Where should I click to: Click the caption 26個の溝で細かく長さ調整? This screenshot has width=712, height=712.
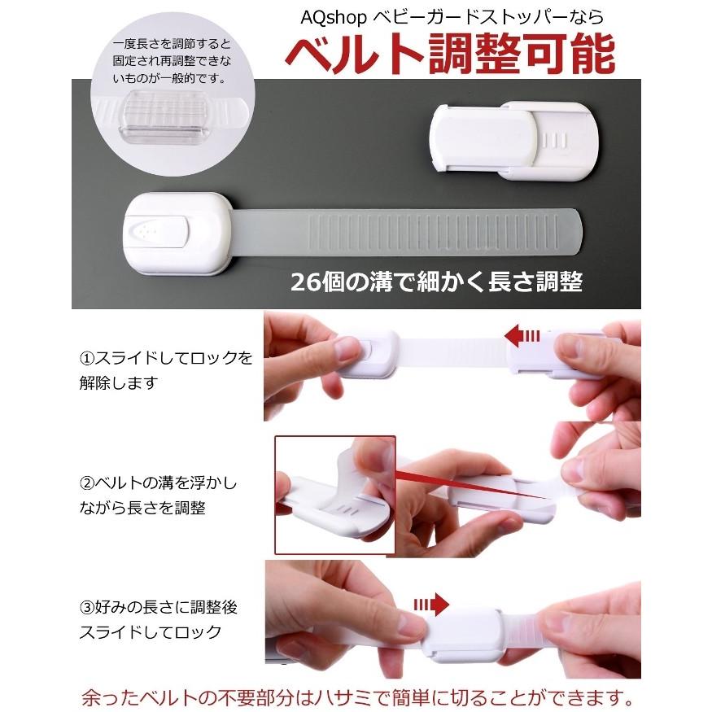tap(437, 282)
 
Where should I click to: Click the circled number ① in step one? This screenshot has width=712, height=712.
tap(87, 358)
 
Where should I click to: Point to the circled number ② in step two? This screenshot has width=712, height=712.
tap(87, 483)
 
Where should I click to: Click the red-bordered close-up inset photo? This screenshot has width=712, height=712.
tap(334, 495)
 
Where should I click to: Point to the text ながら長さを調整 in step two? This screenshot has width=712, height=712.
tap(142, 507)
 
